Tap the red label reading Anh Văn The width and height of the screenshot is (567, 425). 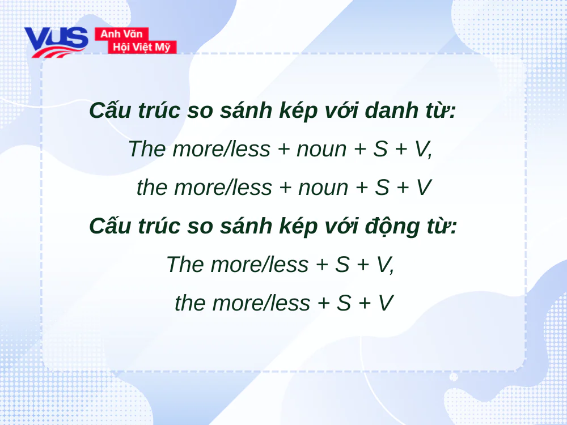point(121,34)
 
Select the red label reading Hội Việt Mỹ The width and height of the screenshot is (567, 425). point(142,47)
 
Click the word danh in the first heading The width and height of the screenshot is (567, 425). point(389,110)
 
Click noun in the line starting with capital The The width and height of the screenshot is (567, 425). point(321,149)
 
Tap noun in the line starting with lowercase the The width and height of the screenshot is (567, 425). point(323,188)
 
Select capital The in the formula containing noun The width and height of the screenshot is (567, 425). point(147,149)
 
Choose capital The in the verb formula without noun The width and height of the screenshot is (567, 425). point(185,265)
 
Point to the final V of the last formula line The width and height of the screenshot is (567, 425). point(386,303)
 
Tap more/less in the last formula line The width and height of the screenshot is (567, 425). point(261,303)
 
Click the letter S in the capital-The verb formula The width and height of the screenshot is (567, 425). point(342,265)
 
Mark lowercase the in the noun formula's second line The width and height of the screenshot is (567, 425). point(152,188)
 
